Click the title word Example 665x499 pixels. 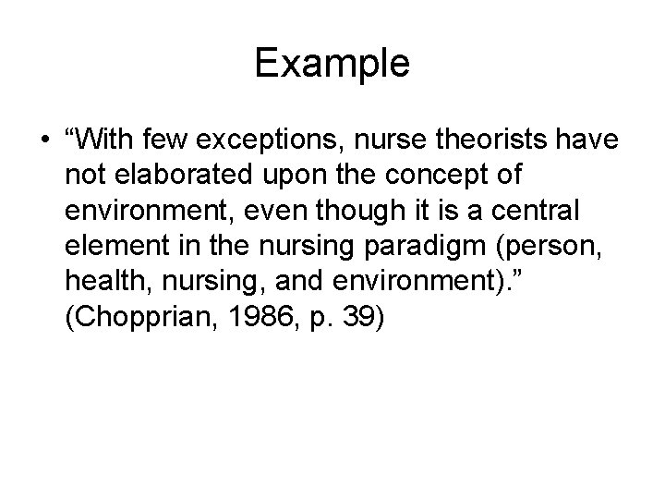point(332,64)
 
